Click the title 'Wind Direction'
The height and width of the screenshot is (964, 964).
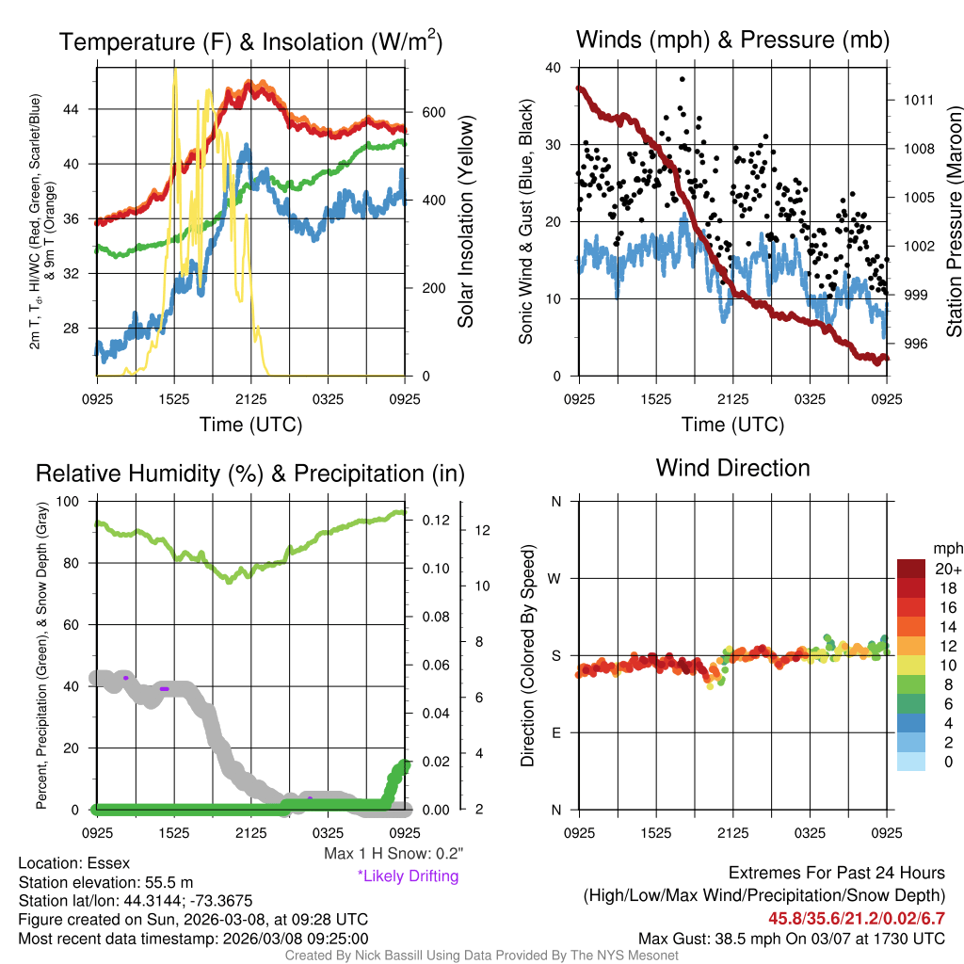point(732,468)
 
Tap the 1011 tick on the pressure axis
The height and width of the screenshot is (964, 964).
point(918,100)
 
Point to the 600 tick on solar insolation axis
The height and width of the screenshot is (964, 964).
point(434,112)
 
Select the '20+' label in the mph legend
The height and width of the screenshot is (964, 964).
point(947,569)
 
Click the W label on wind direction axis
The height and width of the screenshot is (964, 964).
point(555,578)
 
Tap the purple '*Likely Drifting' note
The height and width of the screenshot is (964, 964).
point(408,876)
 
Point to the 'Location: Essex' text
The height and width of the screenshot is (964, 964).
point(74,863)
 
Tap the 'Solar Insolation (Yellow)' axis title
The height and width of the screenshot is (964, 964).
point(465,222)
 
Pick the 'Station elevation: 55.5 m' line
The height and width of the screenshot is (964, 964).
point(105,882)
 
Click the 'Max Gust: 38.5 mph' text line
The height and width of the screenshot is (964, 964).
point(792,938)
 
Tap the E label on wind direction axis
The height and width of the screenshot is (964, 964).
point(555,732)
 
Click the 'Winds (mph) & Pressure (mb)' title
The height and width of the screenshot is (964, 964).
point(732,40)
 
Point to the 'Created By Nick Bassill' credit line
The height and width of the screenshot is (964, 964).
point(482,956)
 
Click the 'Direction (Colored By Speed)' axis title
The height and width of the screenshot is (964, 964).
point(528,655)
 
